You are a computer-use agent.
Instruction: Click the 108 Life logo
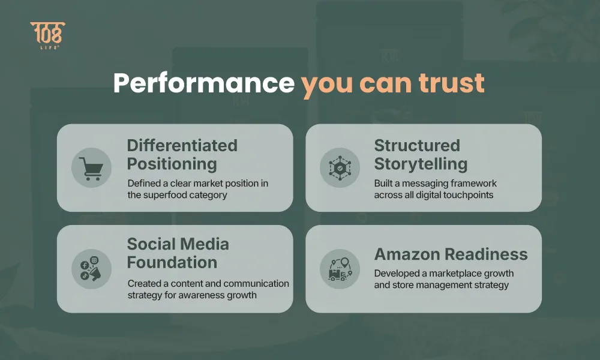(48, 35)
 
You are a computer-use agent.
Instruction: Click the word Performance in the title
(204, 83)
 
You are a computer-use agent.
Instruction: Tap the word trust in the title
(452, 83)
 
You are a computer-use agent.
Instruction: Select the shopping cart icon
(91, 169)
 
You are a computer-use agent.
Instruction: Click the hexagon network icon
(340, 167)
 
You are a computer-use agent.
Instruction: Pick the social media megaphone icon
(91, 269)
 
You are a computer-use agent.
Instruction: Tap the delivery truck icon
(340, 269)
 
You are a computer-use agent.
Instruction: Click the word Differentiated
(182, 145)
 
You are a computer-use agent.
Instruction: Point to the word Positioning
(172, 164)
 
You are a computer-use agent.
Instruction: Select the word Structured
(417, 145)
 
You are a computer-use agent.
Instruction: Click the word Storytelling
(421, 164)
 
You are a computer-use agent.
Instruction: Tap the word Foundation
(172, 262)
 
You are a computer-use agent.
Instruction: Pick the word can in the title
(385, 83)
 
